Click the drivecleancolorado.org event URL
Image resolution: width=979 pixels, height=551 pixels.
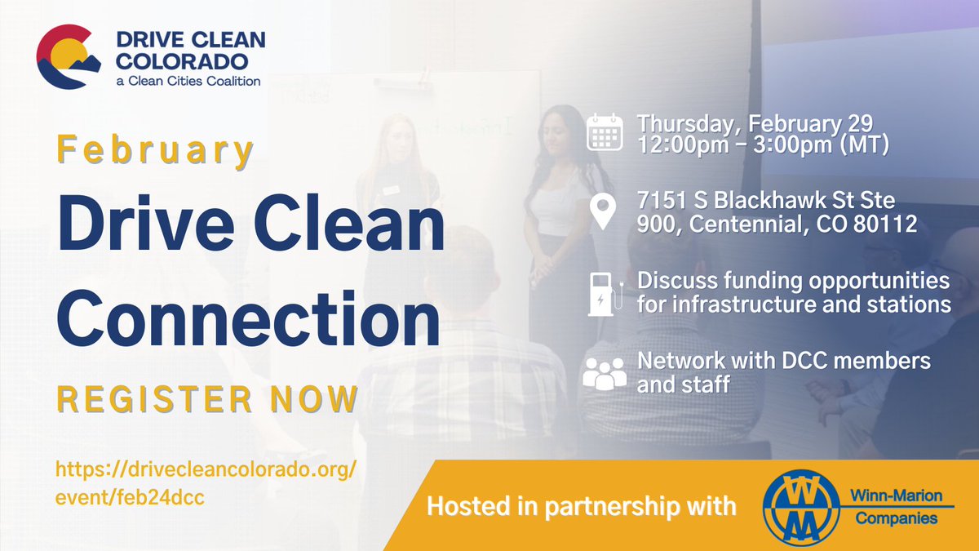click(x=206, y=484)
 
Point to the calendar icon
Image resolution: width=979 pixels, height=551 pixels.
click(x=605, y=131)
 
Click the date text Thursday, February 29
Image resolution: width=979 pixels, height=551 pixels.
click(x=755, y=123)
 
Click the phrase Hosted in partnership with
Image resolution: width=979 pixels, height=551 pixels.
click(x=581, y=506)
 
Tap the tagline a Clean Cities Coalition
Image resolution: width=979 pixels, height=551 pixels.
click(x=188, y=81)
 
